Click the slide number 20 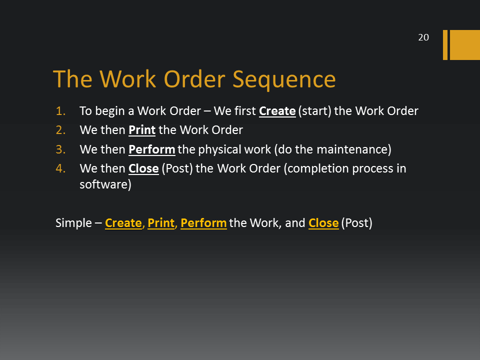click(x=423, y=37)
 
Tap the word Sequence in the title click(x=284, y=80)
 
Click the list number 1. click(x=60, y=111)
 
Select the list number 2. click(x=60, y=130)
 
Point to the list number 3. click(x=60, y=149)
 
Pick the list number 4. click(x=60, y=168)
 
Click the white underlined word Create click(x=277, y=111)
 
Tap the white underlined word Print click(x=142, y=130)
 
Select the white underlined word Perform click(x=152, y=149)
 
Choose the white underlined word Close click(x=143, y=168)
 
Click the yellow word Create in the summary click(x=123, y=223)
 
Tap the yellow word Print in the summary click(x=161, y=223)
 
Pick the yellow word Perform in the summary click(x=203, y=223)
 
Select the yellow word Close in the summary click(x=323, y=223)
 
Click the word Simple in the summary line click(x=73, y=223)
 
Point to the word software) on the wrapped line click(x=105, y=184)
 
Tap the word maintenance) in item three click(x=354, y=149)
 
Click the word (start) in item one click(x=314, y=111)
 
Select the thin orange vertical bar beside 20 click(x=445, y=45)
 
